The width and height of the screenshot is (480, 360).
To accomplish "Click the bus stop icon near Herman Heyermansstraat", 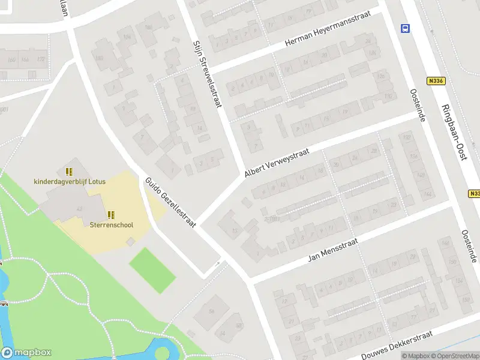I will pos(405,28).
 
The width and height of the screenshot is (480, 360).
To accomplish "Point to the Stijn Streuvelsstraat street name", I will pos(207,74).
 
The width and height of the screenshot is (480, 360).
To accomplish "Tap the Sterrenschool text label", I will pos(111,225).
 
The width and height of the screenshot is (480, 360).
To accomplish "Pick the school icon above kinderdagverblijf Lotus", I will pos(70,171).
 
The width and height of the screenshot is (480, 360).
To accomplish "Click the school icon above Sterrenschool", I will pos(111,215).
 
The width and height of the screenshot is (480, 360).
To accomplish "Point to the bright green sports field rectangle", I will pos(152,271).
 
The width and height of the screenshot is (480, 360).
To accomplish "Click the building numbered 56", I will pos(212,310).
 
